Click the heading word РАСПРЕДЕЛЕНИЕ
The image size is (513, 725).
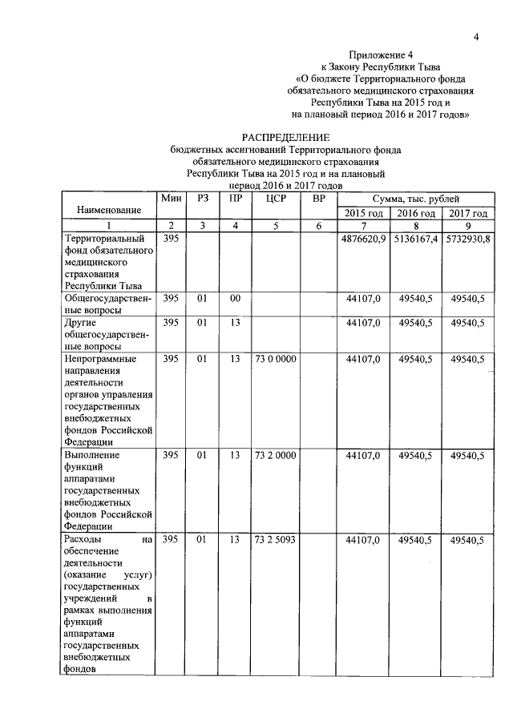[x=286, y=138]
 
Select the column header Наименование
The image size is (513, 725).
[x=109, y=209]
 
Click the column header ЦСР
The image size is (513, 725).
[x=275, y=198]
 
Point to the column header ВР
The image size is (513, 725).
[x=318, y=198]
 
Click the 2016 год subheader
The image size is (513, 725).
[x=416, y=213]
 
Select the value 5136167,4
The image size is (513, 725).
[x=416, y=239]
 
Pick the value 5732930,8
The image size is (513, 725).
[x=468, y=239]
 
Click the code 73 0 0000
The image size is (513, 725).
[x=275, y=360]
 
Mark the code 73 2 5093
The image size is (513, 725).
[x=275, y=540]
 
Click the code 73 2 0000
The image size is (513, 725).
[x=275, y=455]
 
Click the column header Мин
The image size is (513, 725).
[x=170, y=198]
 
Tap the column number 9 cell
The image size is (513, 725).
[x=468, y=226]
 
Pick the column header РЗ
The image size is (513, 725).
[x=202, y=198]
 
